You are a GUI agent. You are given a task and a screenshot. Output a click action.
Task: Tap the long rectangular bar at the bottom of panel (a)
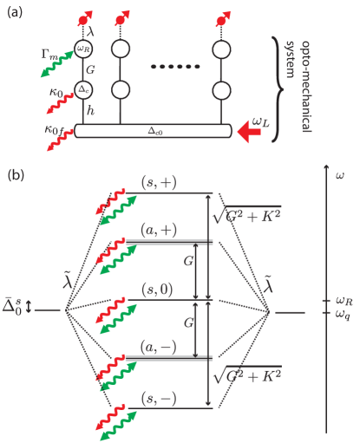153,131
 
